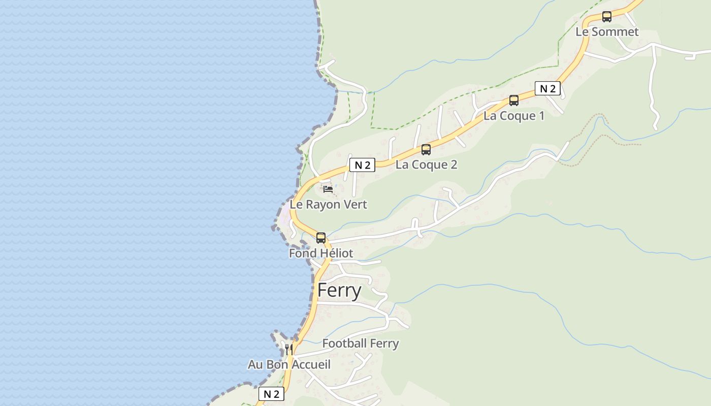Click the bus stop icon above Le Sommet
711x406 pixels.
(606, 17)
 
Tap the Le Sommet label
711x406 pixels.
(607, 32)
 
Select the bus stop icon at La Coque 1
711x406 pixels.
(513, 100)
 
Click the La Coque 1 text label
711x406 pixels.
(513, 116)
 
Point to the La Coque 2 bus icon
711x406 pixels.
(426, 150)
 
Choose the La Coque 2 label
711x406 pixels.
(426, 165)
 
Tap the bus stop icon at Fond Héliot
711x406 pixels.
(320, 238)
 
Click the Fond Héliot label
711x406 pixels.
(320, 253)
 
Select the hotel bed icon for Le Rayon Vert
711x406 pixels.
(328, 190)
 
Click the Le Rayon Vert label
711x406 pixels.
(328, 205)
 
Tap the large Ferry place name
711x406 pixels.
(339, 291)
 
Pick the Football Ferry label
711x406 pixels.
(361, 344)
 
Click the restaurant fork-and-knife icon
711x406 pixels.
(288, 349)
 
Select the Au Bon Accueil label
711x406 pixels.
(289, 365)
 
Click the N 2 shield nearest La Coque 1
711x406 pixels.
(547, 89)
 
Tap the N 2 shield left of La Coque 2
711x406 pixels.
(362, 165)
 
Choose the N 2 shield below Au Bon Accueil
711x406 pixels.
(271, 394)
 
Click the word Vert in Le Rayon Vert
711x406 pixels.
(355, 205)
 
